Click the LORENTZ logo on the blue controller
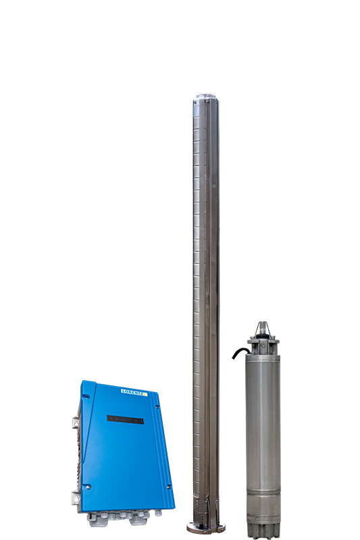point(134,392)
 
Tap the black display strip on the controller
point(126,419)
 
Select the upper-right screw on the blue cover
point(157,407)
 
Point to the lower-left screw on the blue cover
point(88,487)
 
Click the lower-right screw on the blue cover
point(168,487)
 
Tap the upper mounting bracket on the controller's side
point(76,423)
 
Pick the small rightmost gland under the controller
point(158,513)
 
